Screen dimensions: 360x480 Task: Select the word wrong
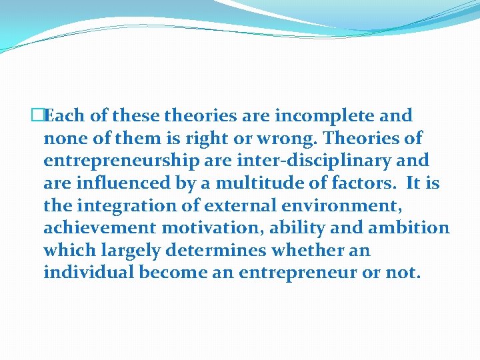point(292,139)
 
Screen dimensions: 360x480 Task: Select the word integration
point(123,206)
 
